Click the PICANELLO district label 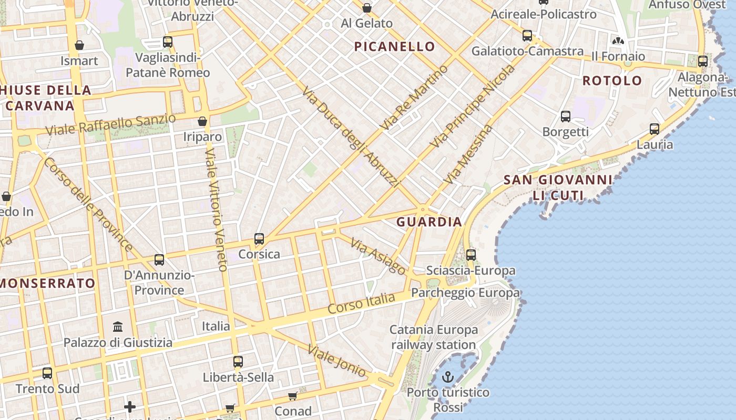click(x=394, y=47)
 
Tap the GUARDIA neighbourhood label click(x=429, y=222)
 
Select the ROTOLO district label click(x=612, y=80)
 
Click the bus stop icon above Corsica click(x=259, y=239)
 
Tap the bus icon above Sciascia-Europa click(x=471, y=255)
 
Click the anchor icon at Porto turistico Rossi click(x=448, y=376)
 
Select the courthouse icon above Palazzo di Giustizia click(x=118, y=327)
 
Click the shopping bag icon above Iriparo click(x=202, y=121)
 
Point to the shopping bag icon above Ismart click(x=79, y=45)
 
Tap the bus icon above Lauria click(x=655, y=129)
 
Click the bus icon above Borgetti click(x=566, y=117)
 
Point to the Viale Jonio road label click(x=336, y=361)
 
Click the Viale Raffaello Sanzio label click(x=110, y=123)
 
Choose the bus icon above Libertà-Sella click(x=238, y=361)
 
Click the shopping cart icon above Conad click(x=293, y=396)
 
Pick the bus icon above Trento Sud click(x=47, y=373)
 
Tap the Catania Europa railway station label click(x=434, y=337)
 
